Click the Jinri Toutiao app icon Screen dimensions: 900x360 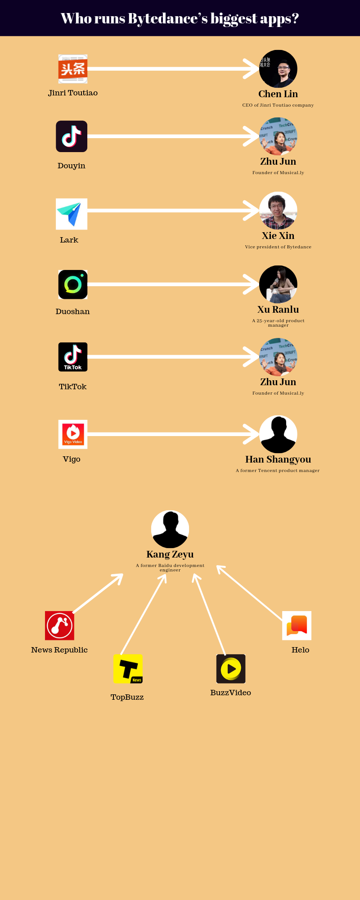(73, 69)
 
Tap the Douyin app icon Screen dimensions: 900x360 (72, 136)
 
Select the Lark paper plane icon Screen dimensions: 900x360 (72, 214)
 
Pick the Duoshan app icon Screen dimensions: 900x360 (73, 284)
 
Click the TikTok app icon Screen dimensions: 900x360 (73, 357)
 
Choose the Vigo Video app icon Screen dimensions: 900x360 (73, 434)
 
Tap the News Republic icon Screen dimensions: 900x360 (59, 625)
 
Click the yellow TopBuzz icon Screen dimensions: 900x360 (128, 669)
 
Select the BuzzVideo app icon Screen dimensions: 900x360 (231, 669)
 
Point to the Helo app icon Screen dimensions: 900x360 (297, 625)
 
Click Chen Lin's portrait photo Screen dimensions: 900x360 (278, 69)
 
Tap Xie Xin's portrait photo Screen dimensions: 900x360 (278, 211)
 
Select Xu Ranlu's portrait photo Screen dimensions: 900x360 (278, 284)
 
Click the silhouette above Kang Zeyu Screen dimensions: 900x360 (170, 529)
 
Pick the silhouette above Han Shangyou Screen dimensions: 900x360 (278, 434)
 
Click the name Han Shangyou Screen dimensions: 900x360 (278, 459)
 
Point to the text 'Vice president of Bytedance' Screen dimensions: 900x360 (278, 247)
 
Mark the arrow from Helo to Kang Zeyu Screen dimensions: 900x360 (250, 593)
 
